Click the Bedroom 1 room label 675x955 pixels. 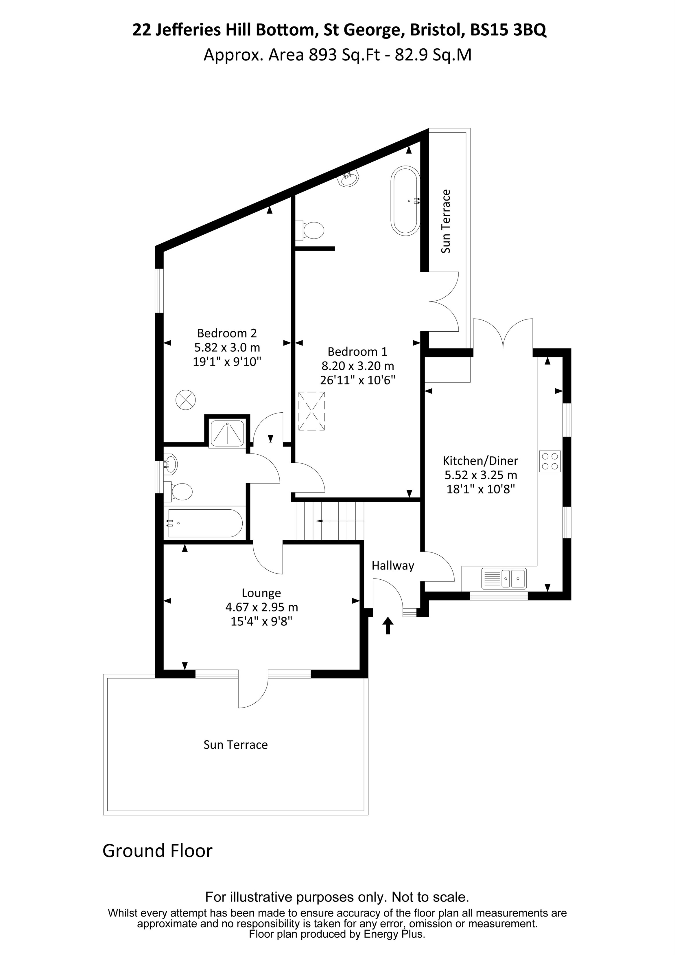pos(357,352)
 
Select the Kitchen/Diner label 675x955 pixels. pos(480,461)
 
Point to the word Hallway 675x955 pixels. pos(393,566)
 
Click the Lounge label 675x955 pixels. pos(261,593)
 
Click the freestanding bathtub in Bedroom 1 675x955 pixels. pos(405,201)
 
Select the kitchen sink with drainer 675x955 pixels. pos(504,578)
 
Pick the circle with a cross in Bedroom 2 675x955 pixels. pos(185,400)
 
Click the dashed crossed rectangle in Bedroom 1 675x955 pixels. pos(311,411)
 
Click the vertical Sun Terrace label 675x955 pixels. pos(446,221)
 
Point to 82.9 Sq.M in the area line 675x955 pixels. pos(433,55)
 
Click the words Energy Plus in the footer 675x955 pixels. pos(394,935)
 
